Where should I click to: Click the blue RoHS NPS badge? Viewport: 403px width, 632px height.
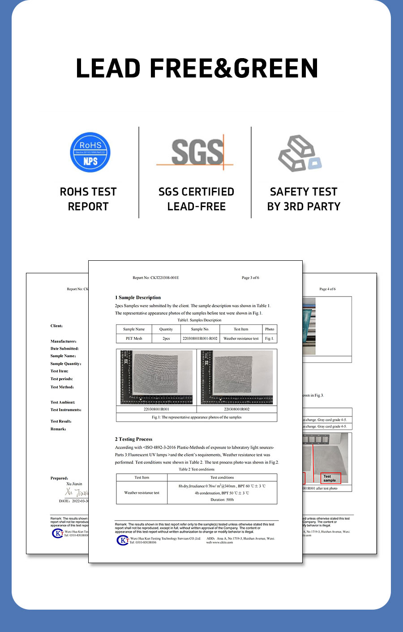[x=90, y=152]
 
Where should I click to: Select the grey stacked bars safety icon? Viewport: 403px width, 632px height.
[x=299, y=153]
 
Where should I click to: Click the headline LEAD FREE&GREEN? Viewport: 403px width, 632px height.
[x=197, y=68]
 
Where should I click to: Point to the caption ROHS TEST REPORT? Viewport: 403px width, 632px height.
[x=88, y=199]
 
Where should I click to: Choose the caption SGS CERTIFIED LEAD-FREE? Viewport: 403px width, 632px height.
[x=196, y=199]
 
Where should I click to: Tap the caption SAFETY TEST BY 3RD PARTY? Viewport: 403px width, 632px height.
[x=304, y=199]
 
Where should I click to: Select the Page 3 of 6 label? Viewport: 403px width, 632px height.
[x=250, y=278]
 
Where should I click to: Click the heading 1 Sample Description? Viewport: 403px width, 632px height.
[x=138, y=297]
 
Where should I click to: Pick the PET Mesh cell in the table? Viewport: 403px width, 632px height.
[x=134, y=339]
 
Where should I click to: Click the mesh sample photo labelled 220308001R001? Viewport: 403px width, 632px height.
[x=156, y=377]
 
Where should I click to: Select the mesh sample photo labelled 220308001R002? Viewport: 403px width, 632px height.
[x=237, y=377]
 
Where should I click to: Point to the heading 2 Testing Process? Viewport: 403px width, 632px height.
[x=133, y=439]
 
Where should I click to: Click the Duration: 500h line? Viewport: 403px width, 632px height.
[x=222, y=500]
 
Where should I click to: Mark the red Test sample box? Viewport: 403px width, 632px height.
[x=330, y=478]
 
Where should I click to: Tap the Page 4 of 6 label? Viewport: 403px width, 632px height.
[x=327, y=289]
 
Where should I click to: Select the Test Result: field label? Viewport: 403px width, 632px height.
[x=61, y=421]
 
